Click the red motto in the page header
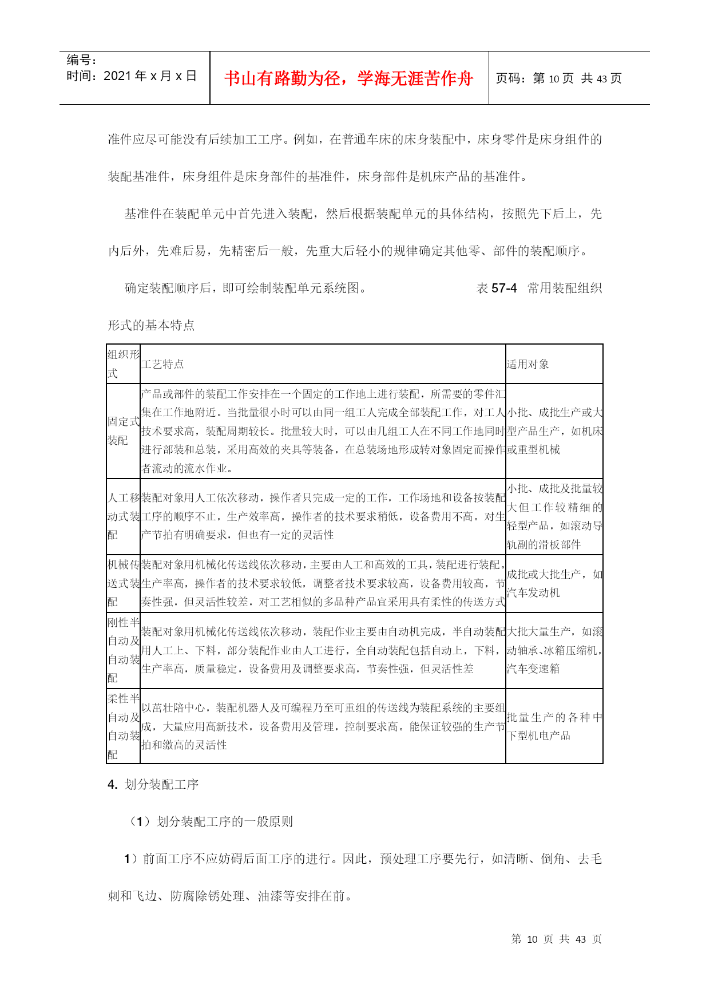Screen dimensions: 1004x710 348,78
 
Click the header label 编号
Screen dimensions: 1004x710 81,60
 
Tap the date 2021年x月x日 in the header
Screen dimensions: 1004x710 150,76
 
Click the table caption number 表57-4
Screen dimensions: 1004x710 497,288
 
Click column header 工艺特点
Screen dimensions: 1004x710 162,364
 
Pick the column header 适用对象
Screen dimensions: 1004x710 527,364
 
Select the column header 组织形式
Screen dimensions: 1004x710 123,364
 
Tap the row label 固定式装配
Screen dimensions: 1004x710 123,431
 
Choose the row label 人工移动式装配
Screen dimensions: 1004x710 123,516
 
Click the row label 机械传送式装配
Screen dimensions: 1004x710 123,583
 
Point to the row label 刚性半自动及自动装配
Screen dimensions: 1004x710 123,650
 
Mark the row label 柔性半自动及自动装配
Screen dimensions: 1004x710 123,726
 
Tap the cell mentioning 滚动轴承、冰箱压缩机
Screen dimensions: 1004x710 553,650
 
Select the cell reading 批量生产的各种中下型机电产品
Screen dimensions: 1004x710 553,726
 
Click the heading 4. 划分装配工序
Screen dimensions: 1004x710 153,784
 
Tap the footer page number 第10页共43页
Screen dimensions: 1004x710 556,939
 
